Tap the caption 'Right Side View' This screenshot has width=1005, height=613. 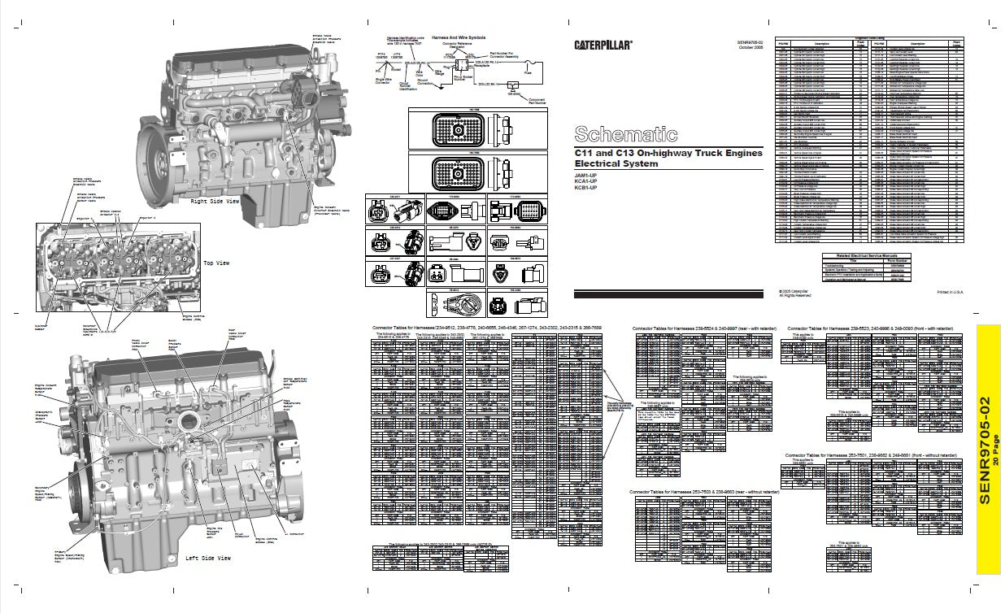coord(215,200)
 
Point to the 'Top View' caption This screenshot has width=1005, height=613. coord(218,263)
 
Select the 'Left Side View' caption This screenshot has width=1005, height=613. coord(208,558)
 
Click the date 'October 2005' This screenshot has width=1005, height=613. coord(751,48)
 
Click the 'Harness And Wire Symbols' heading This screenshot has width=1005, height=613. coord(460,37)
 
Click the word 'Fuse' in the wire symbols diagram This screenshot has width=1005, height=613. coord(527,72)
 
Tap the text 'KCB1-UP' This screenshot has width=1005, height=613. coord(586,188)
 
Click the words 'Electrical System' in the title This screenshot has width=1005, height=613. coord(616,163)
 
